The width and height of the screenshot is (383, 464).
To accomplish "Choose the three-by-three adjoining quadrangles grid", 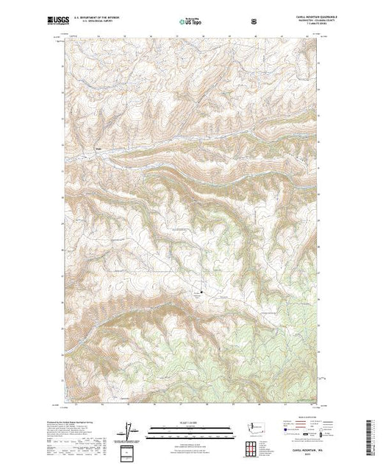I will [252, 447].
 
